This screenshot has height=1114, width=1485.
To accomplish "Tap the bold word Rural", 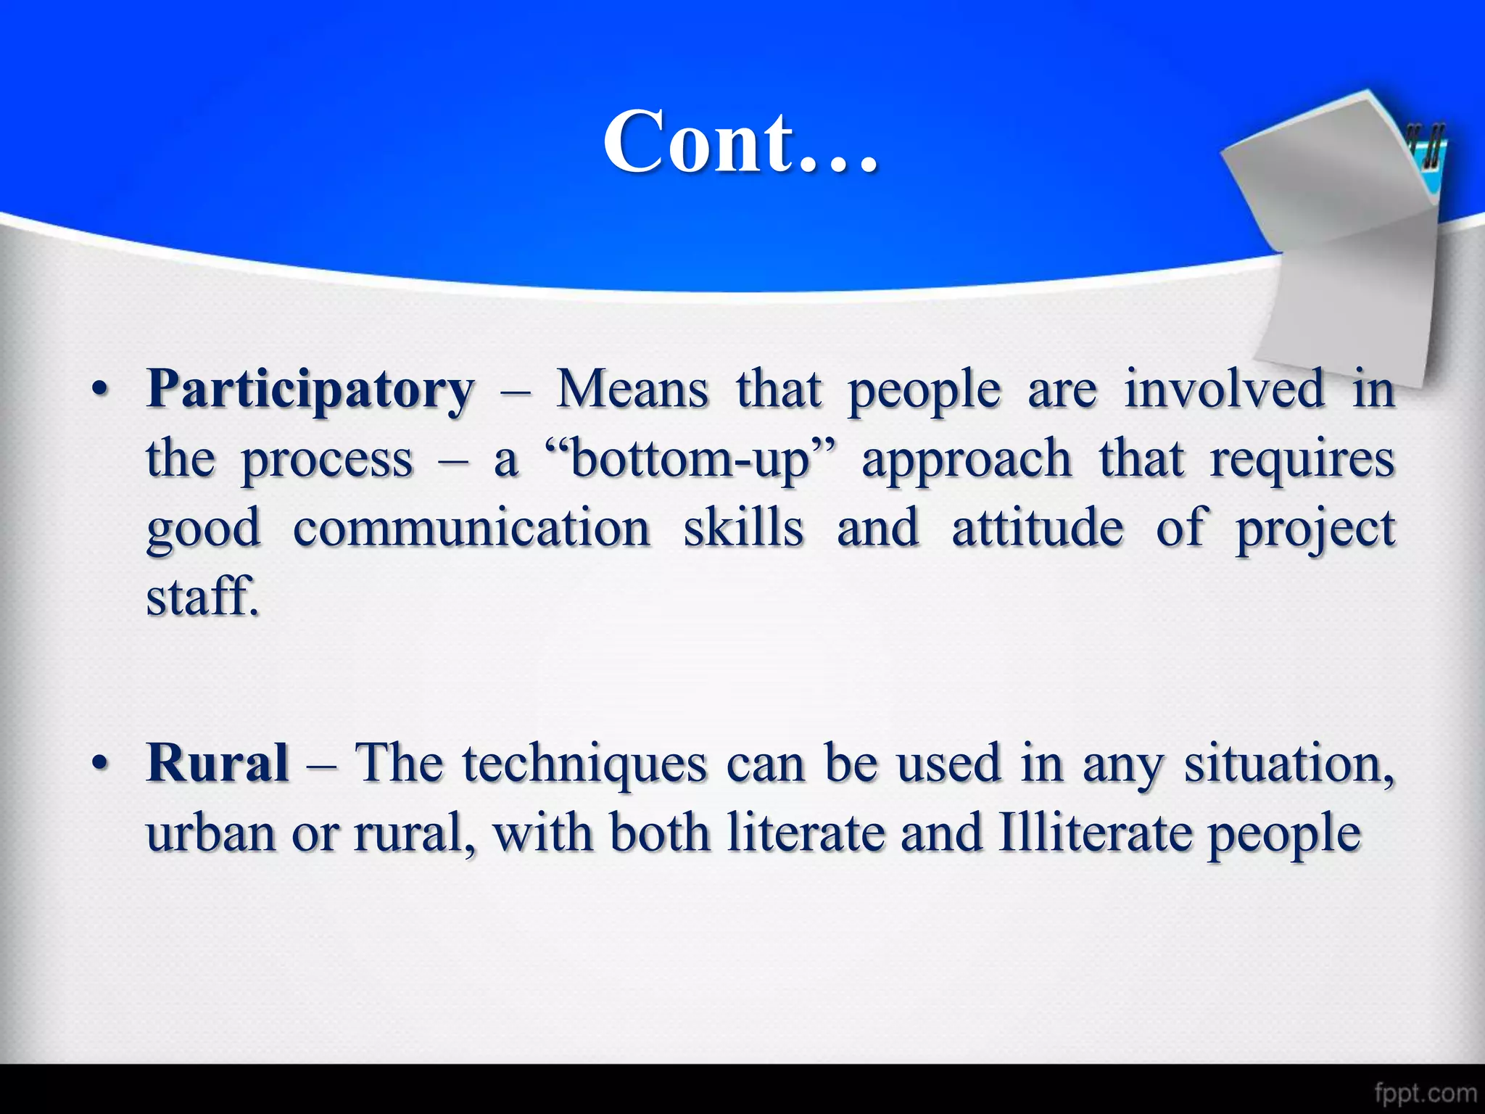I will tap(218, 764).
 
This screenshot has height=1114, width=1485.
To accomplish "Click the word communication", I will tap(471, 528).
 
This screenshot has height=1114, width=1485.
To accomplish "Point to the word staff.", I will tap(202, 596).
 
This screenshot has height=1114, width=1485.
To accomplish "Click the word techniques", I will tap(584, 764).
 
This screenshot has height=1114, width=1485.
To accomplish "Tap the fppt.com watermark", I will tap(1425, 1092).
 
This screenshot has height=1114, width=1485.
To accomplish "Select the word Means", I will tap(632, 389).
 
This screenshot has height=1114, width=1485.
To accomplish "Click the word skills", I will tap(743, 528).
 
